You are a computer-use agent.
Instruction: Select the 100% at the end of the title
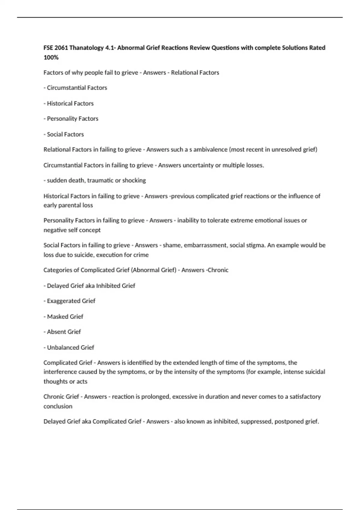51,57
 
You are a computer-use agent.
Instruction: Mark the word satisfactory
305,397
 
